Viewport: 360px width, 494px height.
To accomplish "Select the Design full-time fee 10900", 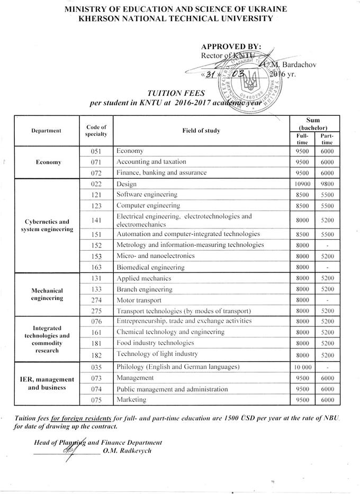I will click(x=302, y=184).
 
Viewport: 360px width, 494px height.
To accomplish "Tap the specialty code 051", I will click(x=96, y=151).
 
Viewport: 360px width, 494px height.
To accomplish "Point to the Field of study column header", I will click(x=201, y=130).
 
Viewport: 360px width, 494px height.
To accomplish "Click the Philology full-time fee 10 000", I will click(x=302, y=367).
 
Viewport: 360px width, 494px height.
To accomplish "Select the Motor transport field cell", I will click(x=138, y=299).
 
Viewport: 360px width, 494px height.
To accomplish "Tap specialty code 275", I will click(x=96, y=310).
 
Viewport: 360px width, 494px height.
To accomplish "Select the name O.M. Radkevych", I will click(x=128, y=450).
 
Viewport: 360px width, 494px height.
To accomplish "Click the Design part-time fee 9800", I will click(x=327, y=184).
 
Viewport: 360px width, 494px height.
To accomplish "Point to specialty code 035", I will click(x=96, y=367).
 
